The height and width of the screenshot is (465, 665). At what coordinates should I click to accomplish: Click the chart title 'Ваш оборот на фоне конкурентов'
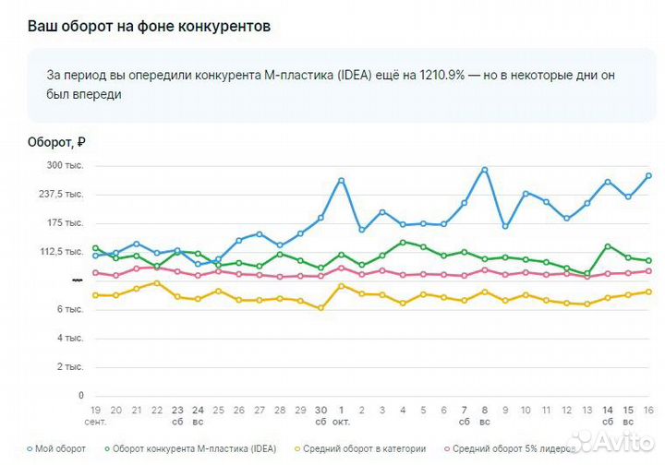click(x=149, y=26)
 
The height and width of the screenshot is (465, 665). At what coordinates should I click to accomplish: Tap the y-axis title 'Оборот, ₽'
click(x=56, y=142)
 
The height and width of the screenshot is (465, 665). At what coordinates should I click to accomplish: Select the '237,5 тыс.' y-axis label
click(x=60, y=194)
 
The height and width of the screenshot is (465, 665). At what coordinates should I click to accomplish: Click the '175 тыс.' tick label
click(x=64, y=222)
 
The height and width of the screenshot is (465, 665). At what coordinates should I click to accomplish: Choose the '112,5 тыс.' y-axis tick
click(x=60, y=251)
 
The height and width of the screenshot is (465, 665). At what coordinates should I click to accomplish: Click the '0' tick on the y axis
click(x=80, y=396)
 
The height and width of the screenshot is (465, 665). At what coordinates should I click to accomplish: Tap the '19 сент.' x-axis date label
click(x=95, y=414)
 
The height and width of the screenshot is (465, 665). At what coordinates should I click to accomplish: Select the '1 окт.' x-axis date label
click(x=342, y=414)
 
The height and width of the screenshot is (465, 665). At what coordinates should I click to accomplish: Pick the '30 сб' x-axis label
click(x=320, y=414)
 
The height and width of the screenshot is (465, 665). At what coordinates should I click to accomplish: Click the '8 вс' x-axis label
click(x=484, y=414)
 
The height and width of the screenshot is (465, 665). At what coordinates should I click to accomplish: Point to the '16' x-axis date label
click(x=648, y=409)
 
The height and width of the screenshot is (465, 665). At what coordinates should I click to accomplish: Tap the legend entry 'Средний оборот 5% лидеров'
click(x=512, y=448)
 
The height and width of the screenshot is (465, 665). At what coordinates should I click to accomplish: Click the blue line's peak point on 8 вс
click(x=485, y=170)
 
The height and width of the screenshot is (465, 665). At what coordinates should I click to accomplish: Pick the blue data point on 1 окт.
click(x=341, y=180)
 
